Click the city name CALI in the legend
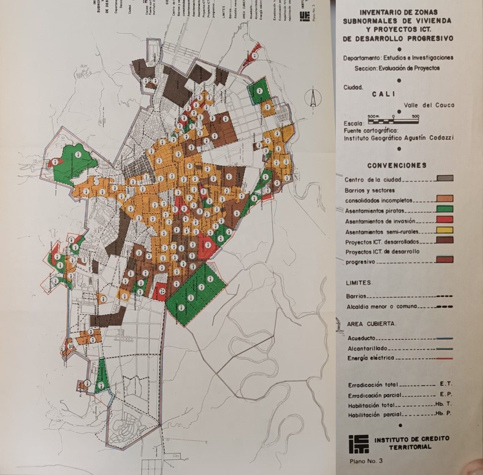(x=383, y=94)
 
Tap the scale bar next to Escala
(x=393, y=122)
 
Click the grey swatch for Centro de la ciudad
(x=445, y=179)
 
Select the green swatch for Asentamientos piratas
(x=445, y=209)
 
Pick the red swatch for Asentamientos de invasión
(x=445, y=220)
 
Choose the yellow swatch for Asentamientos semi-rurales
(x=445, y=231)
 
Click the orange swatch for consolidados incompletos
(x=445, y=198)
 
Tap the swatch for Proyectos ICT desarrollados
(x=445, y=241)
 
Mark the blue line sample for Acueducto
(x=445, y=339)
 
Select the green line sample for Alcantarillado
(x=445, y=349)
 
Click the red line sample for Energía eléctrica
(x=445, y=358)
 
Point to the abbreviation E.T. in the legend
(x=445, y=384)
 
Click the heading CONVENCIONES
(x=397, y=166)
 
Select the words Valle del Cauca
(x=429, y=105)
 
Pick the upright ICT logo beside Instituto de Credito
(x=359, y=444)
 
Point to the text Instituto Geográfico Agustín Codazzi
(x=398, y=138)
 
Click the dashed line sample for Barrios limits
(x=445, y=296)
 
